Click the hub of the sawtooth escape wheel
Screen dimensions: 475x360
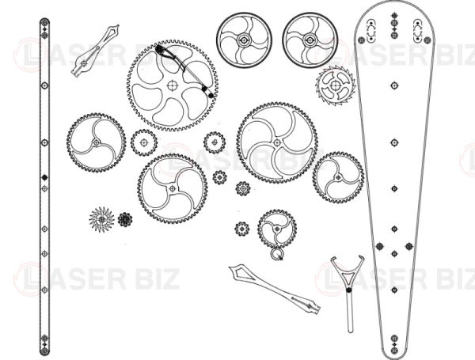[336, 85]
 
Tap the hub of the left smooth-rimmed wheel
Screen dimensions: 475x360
[244, 40]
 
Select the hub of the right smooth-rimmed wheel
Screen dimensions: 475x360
[310, 40]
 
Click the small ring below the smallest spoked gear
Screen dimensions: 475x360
[276, 254]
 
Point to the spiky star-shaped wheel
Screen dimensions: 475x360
[102, 219]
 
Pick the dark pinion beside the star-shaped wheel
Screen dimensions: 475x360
[125, 219]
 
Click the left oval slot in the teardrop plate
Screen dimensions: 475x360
[371, 31]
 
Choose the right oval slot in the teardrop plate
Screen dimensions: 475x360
[417, 31]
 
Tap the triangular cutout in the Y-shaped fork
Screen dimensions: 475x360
[348, 277]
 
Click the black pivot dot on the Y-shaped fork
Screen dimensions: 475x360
[348, 290]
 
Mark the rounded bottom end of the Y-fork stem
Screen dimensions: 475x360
[350, 331]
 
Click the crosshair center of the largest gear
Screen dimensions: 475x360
[172, 85]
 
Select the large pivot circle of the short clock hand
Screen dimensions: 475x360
[84, 63]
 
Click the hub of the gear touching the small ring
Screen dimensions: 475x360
[277, 229]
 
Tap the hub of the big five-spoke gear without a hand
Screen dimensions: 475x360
[276, 142]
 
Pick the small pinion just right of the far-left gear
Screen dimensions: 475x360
[144, 142]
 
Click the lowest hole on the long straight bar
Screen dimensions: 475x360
[44, 351]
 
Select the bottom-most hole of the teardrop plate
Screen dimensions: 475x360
[394, 351]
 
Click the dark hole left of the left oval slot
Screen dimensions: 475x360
[361, 40]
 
